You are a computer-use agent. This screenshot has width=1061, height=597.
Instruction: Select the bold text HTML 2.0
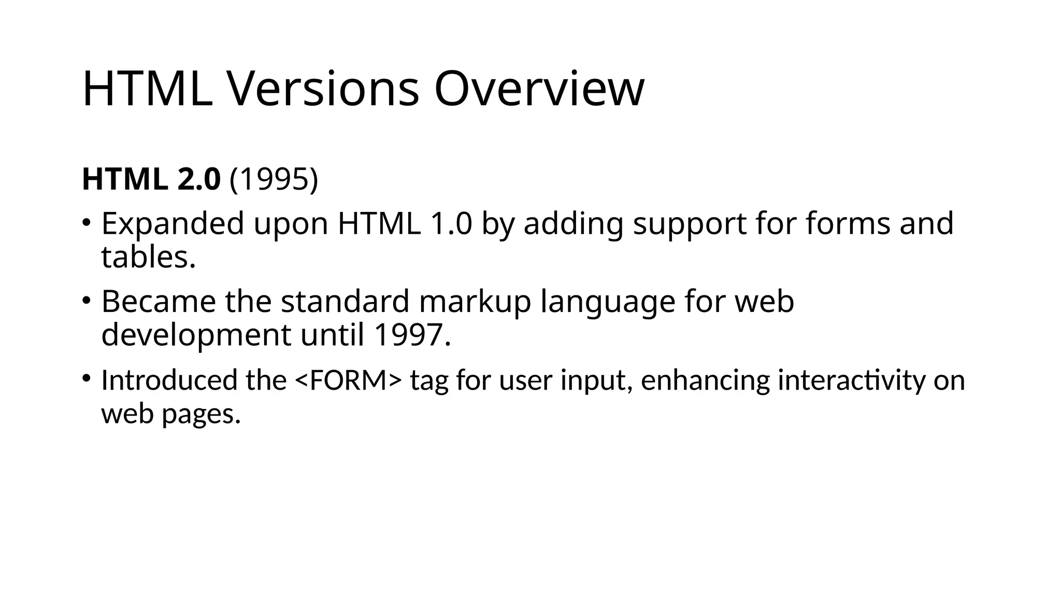pyautogui.click(x=151, y=179)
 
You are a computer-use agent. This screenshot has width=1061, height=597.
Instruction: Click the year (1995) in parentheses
pyautogui.click(x=274, y=179)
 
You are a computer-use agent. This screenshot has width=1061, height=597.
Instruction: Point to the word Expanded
pyautogui.click(x=173, y=224)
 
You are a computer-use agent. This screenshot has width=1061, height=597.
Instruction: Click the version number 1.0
pyautogui.click(x=451, y=224)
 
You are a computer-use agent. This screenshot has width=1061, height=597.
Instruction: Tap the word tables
pyautogui.click(x=148, y=257)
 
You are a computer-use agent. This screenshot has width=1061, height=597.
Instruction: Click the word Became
pyautogui.click(x=159, y=302)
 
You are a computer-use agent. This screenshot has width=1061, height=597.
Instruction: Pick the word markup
pyautogui.click(x=475, y=302)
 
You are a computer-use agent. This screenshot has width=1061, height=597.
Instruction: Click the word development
pyautogui.click(x=196, y=335)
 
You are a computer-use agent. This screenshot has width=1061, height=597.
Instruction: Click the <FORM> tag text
pyautogui.click(x=348, y=380)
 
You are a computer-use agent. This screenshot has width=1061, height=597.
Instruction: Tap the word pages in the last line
pyautogui.click(x=202, y=414)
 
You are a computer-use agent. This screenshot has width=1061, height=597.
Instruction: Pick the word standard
pyautogui.click(x=345, y=302)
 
